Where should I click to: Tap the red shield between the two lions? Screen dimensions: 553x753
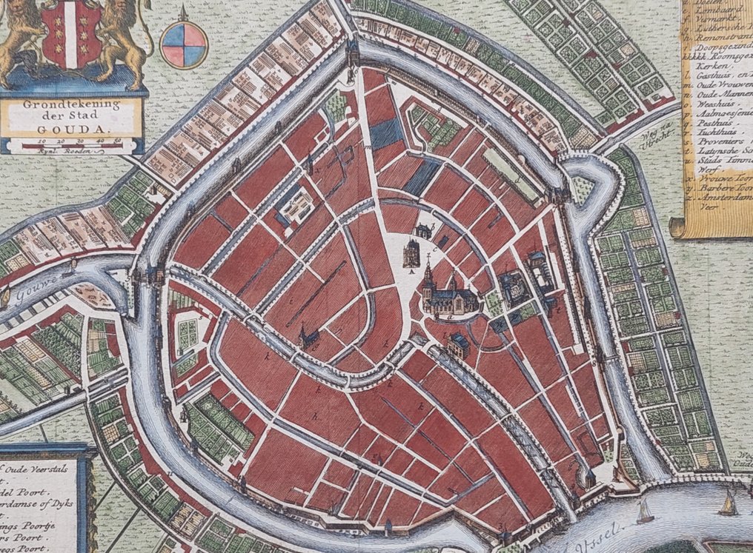71,33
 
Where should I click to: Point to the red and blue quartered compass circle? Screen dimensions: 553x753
184,44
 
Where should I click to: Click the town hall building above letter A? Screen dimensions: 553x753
411,253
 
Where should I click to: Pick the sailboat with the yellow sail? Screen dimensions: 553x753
729,505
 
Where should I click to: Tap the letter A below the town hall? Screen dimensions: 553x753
410,272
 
